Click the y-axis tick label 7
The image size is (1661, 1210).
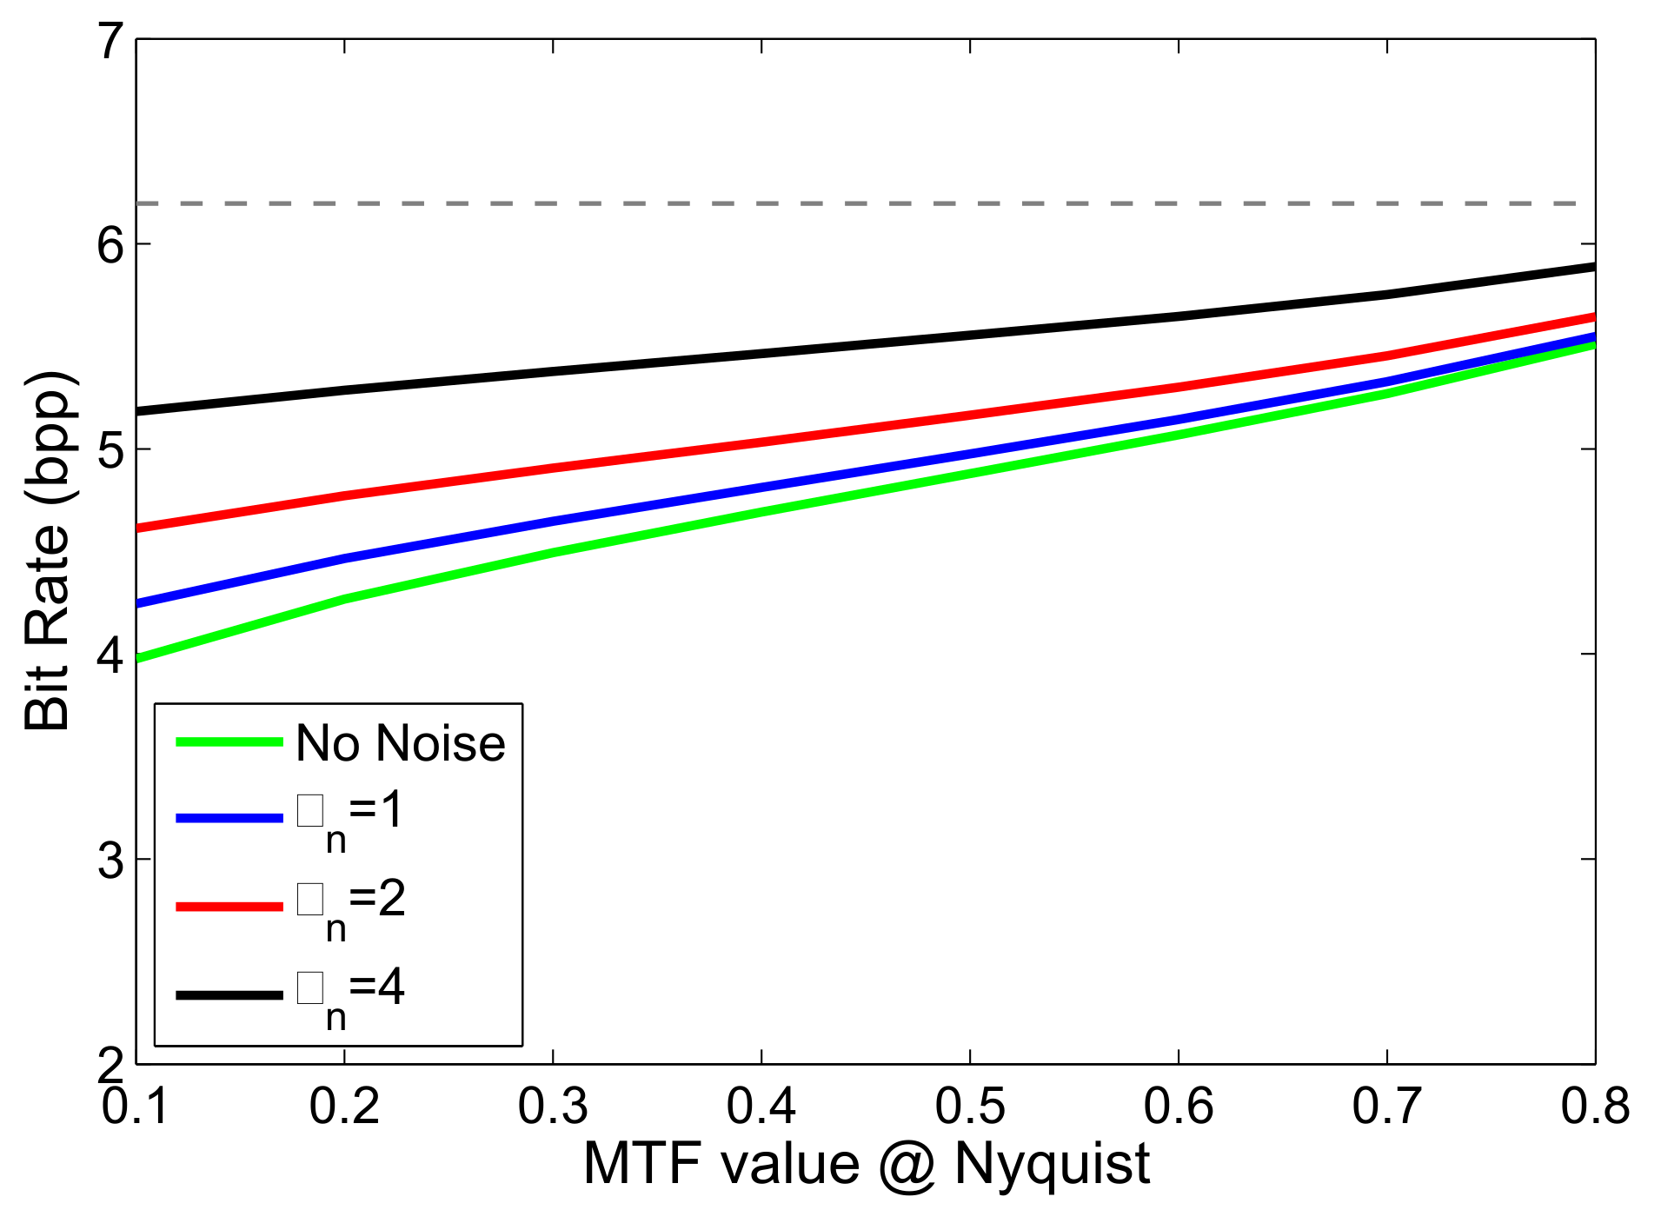[x=111, y=41]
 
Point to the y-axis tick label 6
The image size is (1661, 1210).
[x=111, y=245]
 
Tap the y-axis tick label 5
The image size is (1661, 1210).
[x=111, y=450]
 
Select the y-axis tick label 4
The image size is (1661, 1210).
[x=111, y=655]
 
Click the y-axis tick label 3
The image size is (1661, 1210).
[x=111, y=861]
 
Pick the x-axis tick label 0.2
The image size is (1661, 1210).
[x=344, y=1107]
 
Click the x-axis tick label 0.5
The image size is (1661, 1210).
[x=969, y=1107]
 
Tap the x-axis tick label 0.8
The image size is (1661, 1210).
[x=1595, y=1107]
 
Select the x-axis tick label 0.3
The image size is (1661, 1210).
[x=553, y=1107]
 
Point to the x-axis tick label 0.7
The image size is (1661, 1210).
[x=1386, y=1107]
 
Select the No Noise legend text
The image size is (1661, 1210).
[x=400, y=744]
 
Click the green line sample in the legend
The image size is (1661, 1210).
[x=229, y=742]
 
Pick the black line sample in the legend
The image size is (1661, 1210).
[x=229, y=994]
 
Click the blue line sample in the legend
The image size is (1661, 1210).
[x=229, y=818]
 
